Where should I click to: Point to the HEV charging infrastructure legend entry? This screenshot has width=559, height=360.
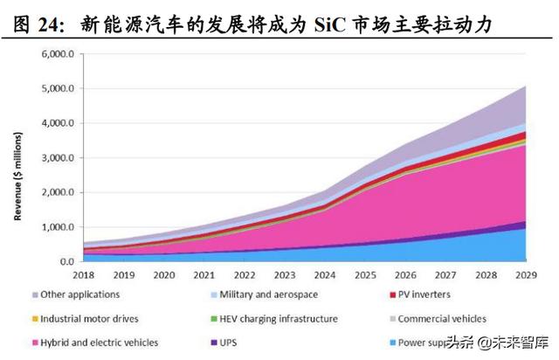(x=279, y=319)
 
